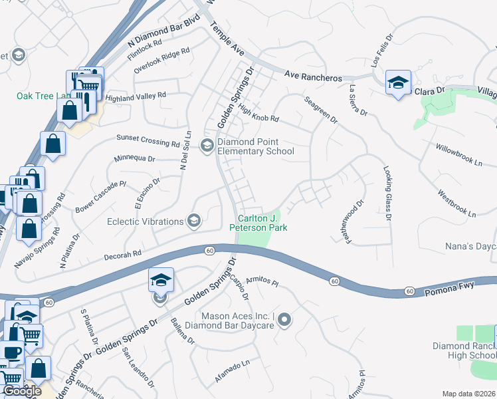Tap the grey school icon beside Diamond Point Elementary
pos(207,146)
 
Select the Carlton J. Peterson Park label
pos(258,223)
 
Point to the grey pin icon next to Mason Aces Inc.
pos(284,321)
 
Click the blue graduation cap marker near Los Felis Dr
pos(398,82)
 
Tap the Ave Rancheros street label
pos(313,76)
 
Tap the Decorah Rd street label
pos(123,253)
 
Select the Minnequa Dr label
pos(134,160)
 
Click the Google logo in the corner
pos(23,391)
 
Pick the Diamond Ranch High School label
pos(464,350)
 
